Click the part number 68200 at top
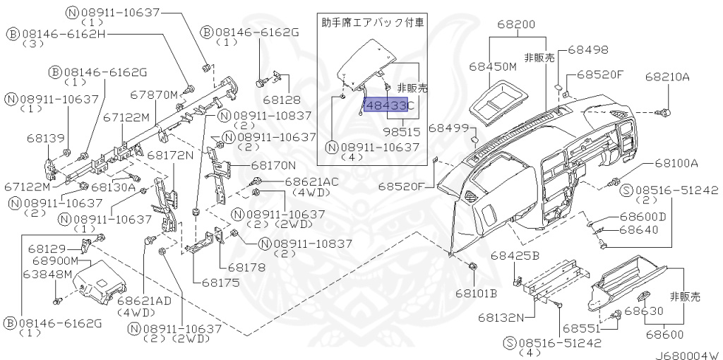[x=516, y=23]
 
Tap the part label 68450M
[x=493, y=66]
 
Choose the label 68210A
[x=667, y=76]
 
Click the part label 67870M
[x=154, y=94]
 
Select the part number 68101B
[x=476, y=292]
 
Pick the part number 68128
[x=282, y=100]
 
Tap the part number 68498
[x=587, y=50]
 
